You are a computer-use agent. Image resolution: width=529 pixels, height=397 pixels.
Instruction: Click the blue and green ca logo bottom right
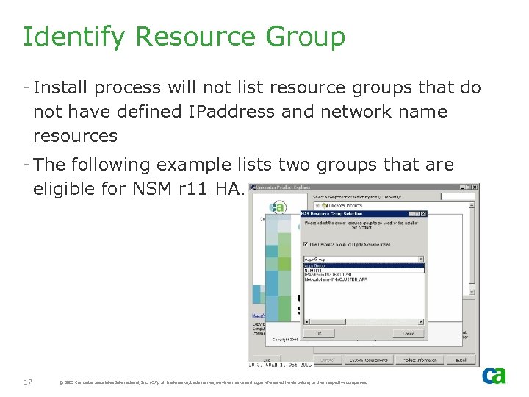point(494,376)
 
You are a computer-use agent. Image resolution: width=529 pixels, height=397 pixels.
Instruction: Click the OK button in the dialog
point(318,333)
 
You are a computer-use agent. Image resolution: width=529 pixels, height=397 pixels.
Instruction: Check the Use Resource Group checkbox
point(305,243)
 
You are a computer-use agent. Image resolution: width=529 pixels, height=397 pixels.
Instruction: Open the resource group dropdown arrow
point(420,260)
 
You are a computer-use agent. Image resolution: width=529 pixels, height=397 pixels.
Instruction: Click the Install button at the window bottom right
point(459,360)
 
